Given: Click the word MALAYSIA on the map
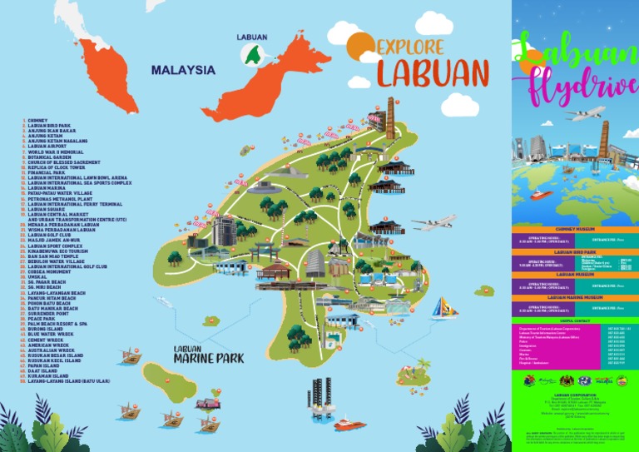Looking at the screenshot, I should (x=183, y=71).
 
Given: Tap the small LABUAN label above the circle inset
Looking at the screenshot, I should (x=251, y=37).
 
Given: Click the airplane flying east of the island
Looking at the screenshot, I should (x=433, y=222).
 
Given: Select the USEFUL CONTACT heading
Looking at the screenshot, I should (x=575, y=321).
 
